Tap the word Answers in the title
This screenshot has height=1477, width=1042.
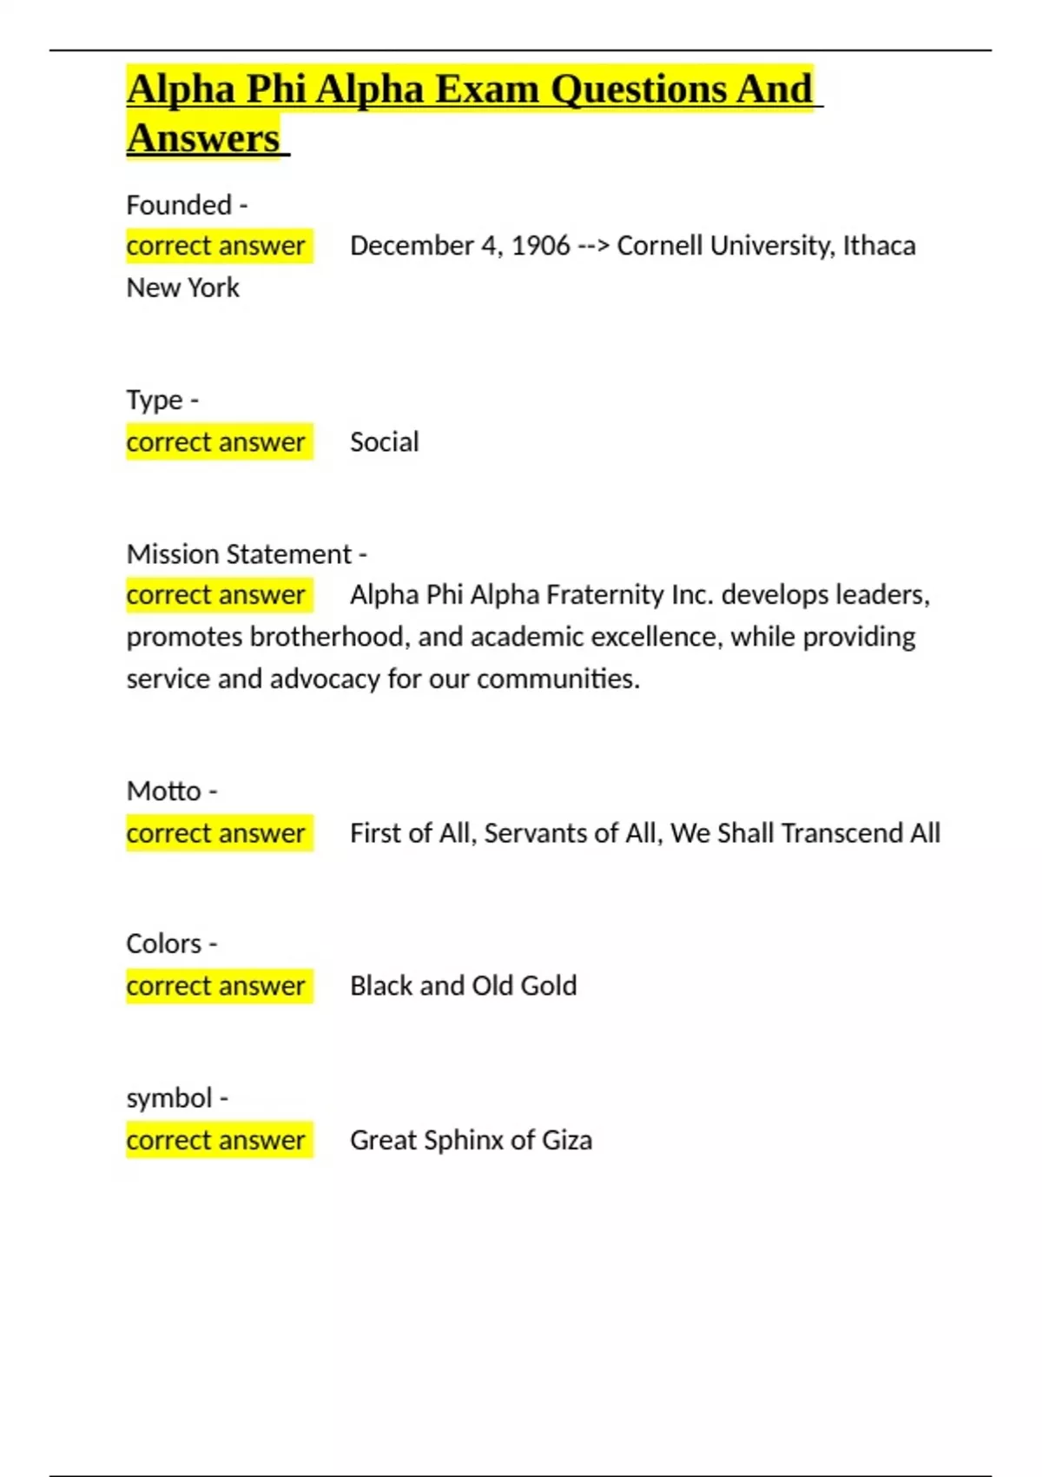[203, 138]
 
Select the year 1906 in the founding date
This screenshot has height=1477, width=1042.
[540, 246]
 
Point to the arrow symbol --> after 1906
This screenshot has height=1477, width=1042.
[593, 246]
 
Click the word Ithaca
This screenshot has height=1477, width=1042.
[879, 246]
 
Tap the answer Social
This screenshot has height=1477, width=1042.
[384, 442]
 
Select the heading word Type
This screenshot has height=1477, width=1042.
[155, 401]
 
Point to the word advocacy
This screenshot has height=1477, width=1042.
[325, 679]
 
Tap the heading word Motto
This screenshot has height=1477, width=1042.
[163, 791]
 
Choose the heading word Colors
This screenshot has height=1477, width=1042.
[163, 944]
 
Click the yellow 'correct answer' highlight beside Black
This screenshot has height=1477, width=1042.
[216, 986]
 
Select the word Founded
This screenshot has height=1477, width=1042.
[179, 205]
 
